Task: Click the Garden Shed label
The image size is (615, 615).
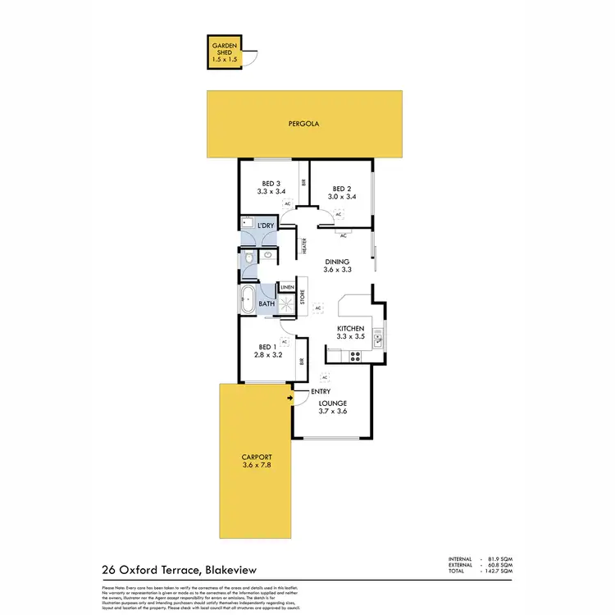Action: tap(224, 50)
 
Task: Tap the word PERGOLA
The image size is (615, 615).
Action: tap(303, 125)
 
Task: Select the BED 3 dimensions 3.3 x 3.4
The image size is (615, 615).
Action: tap(271, 192)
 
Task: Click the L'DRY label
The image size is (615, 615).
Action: tap(264, 225)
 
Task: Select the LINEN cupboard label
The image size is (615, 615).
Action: tap(287, 288)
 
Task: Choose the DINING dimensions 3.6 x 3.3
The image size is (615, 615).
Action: tap(337, 269)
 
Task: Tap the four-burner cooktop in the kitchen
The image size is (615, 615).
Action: tap(355, 356)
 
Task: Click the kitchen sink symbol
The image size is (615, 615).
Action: tap(378, 336)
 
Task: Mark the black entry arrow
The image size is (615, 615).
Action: tap(290, 399)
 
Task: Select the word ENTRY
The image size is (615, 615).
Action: tap(321, 392)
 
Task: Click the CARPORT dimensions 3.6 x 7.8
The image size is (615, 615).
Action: tap(257, 466)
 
